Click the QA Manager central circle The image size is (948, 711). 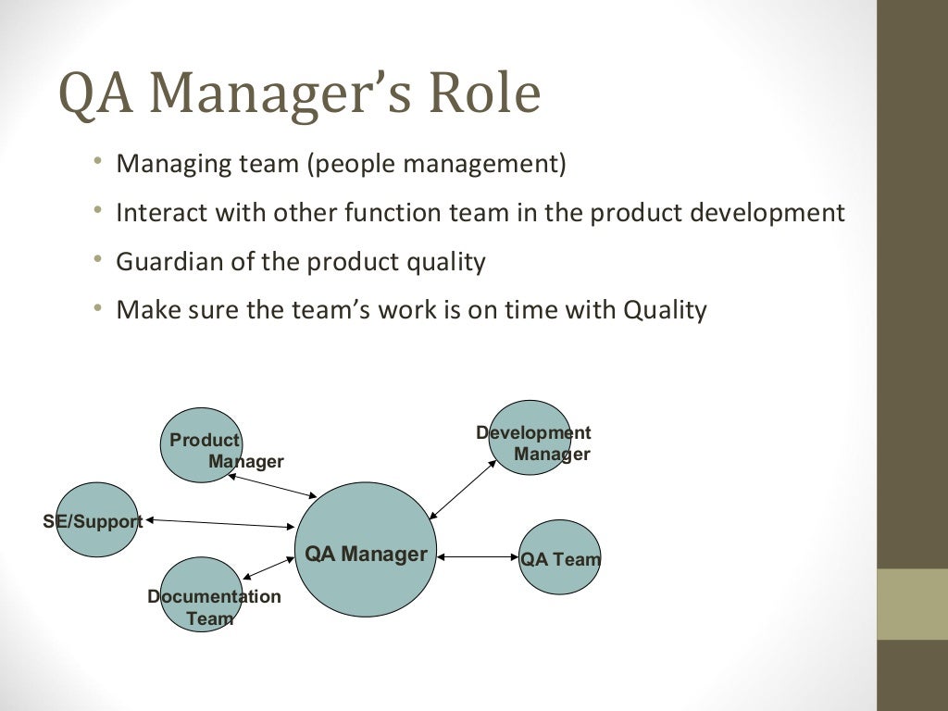click(x=366, y=551)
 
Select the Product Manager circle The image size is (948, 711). click(x=201, y=445)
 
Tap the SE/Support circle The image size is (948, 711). click(x=96, y=520)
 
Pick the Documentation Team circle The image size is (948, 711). click(x=201, y=594)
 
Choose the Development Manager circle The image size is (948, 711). click(x=530, y=438)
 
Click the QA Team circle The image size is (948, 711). click(x=559, y=557)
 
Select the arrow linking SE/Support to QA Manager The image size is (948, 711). click(x=219, y=523)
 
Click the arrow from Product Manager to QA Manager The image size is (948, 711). click(x=272, y=486)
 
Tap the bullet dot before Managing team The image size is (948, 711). click(x=98, y=163)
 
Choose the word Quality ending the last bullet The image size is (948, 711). click(x=665, y=310)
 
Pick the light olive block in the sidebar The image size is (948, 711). click(x=912, y=604)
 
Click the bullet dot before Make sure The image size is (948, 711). click(x=98, y=308)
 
